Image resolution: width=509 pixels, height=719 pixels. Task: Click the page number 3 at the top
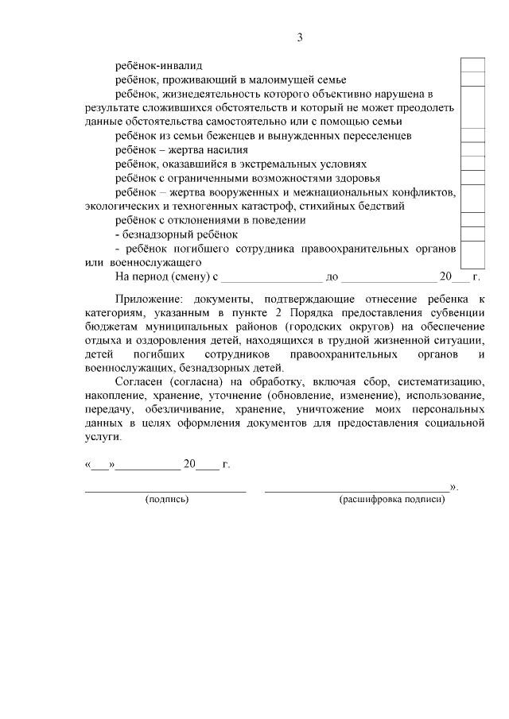pos(300,37)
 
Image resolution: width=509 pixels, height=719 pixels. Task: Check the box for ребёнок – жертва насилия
pos(473,149)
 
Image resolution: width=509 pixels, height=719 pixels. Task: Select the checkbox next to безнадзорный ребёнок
pos(473,234)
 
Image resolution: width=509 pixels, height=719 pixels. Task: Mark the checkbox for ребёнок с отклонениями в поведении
pos(473,219)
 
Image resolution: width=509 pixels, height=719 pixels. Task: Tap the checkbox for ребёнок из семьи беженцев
pos(473,135)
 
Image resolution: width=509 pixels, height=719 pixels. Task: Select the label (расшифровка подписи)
pos(391,501)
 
